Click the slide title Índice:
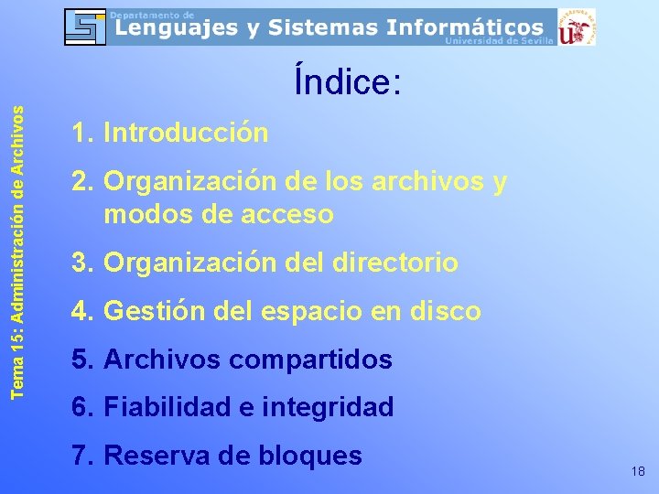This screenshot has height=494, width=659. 347,83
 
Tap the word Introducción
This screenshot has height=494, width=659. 187,134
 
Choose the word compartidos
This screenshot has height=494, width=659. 311,360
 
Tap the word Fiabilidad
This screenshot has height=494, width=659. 179,407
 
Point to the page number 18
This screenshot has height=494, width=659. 638,471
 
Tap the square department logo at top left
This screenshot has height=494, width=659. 85,27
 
